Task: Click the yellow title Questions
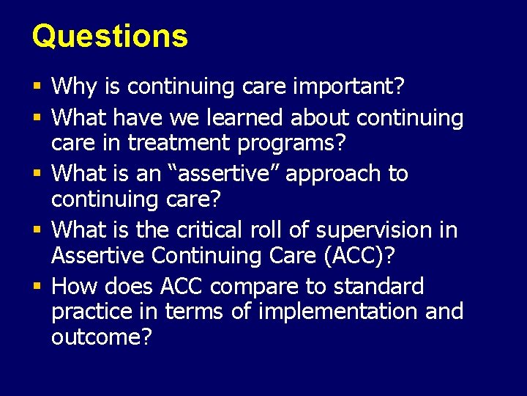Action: [110, 36]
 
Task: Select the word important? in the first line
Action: [348, 87]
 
